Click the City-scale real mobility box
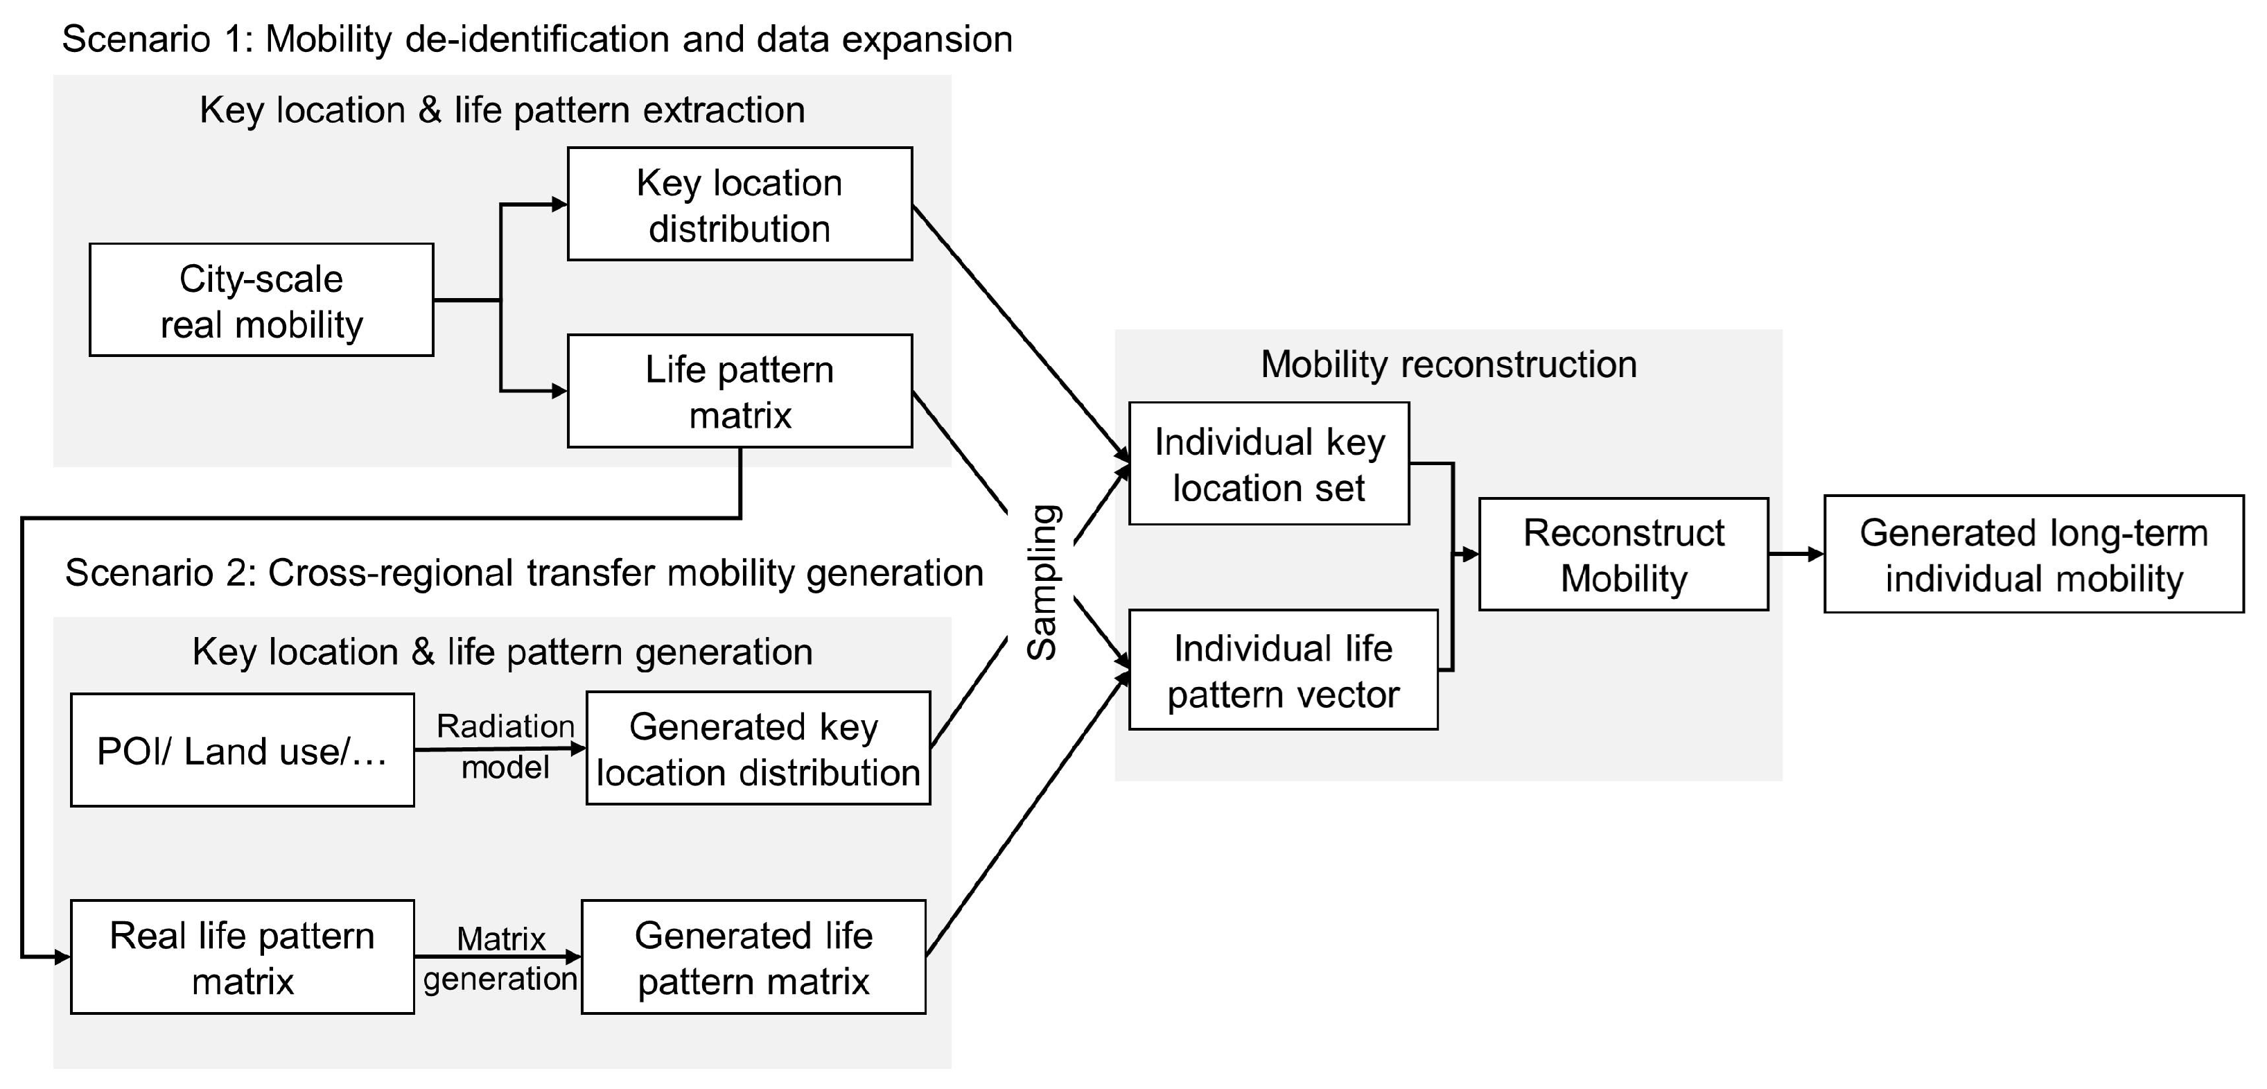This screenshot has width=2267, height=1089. (261, 300)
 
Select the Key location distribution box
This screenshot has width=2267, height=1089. (739, 204)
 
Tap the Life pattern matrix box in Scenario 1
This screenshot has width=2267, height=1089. (739, 391)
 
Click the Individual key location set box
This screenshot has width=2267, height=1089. (1268, 464)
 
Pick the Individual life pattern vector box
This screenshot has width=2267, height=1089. (1282, 670)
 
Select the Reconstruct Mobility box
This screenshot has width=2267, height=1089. (1623, 555)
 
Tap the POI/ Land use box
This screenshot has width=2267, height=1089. (242, 750)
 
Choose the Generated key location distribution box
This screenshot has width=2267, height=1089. (758, 749)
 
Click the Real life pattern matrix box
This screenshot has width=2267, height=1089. (242, 957)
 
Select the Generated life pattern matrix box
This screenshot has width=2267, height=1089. (753, 957)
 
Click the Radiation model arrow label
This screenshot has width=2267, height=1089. (505, 746)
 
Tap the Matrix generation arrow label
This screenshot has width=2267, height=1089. (500, 958)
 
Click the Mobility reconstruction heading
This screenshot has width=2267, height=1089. (1448, 365)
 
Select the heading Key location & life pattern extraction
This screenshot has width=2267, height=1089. (502, 110)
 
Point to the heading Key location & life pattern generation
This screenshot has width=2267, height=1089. (502, 652)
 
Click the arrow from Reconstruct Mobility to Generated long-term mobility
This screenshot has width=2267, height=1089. (1795, 554)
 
